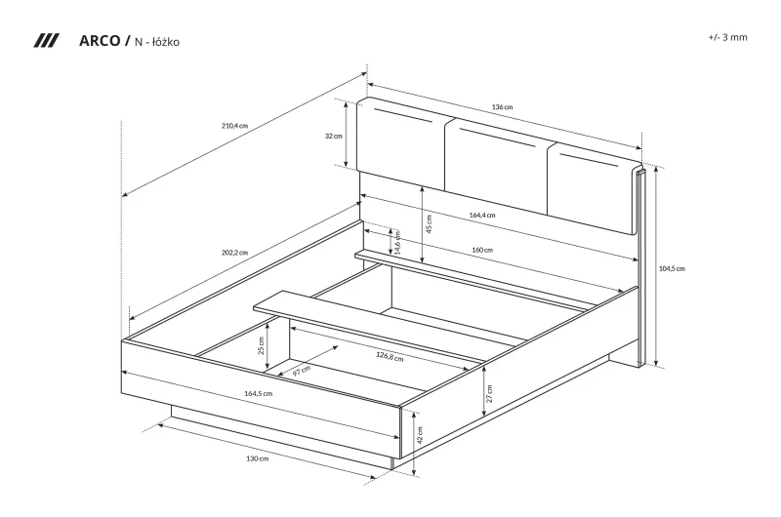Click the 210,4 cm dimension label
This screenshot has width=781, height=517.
234,126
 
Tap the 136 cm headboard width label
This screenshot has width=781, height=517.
502,107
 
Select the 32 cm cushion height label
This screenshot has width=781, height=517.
334,136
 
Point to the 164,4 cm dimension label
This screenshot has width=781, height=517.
482,216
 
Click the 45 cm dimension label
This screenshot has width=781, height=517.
429,223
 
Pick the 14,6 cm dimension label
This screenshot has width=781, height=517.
397,241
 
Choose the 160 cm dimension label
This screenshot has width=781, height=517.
482,250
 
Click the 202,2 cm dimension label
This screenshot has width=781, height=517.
234,253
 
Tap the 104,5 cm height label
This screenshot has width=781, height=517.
672,268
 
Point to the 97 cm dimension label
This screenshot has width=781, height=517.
302,371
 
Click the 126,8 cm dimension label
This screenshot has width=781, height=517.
390,356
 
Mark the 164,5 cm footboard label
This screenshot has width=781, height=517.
258,393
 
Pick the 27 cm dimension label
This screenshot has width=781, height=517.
489,393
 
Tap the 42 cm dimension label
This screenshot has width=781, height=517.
420,435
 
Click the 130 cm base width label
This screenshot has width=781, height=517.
257,458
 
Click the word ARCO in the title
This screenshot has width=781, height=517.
100,41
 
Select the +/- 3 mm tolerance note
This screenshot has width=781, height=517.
727,37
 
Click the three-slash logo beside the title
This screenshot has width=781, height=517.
46,41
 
